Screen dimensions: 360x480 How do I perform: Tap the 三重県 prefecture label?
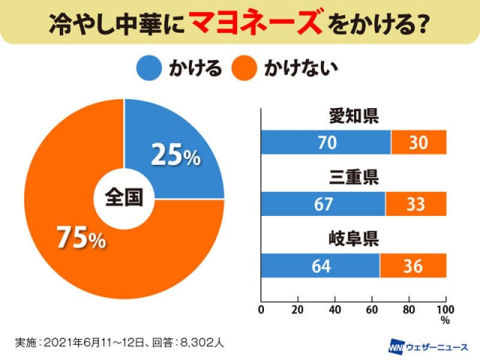(x=353, y=178)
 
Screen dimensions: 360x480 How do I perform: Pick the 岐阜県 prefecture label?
(x=353, y=240)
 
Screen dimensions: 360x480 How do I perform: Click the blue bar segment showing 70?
(x=325, y=142)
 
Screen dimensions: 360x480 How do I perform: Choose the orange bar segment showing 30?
(x=418, y=142)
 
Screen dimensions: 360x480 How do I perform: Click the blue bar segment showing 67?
(x=322, y=204)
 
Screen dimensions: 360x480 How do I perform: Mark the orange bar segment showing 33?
(x=415, y=204)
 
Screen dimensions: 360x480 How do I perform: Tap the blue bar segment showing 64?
(x=320, y=265)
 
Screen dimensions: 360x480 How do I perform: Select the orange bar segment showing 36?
(x=413, y=265)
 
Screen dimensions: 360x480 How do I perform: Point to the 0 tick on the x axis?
(x=261, y=309)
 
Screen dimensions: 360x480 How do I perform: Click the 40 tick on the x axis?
(x=335, y=309)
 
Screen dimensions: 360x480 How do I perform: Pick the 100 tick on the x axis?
(x=445, y=309)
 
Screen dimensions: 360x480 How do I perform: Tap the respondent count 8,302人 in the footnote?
(x=201, y=342)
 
